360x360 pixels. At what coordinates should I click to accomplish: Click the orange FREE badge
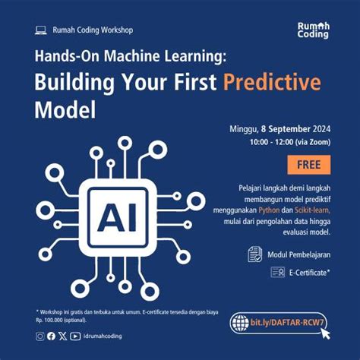pos(309,164)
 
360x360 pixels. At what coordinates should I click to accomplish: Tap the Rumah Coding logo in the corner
pos(313,30)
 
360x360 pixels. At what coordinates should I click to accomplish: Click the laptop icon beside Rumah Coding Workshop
pos(41,30)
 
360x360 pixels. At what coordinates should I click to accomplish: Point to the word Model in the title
pos(66,110)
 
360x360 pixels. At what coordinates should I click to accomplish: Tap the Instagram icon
pos(39,336)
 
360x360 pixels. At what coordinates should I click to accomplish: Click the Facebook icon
pos(51,336)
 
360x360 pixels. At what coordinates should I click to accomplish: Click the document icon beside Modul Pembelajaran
pos(254,254)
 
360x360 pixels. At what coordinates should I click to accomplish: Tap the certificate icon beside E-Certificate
pos(277,272)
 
